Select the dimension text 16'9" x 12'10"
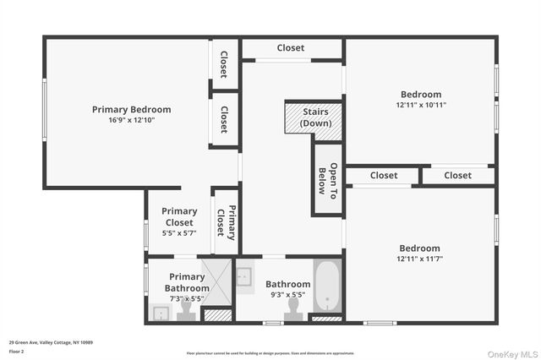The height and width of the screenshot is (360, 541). point(131,120)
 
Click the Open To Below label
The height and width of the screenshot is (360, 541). point(327,179)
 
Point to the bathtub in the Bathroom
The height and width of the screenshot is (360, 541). point(327,287)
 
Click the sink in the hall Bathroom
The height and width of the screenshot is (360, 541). point(243,276)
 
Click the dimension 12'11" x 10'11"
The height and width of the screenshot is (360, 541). point(420,106)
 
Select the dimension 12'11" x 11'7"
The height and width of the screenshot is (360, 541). point(420,259)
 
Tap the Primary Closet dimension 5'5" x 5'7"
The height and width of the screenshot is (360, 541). point(178,234)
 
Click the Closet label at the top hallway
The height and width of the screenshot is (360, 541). point(290,48)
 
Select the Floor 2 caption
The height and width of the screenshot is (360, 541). point(17,350)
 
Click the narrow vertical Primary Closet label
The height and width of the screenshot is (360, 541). point(226,221)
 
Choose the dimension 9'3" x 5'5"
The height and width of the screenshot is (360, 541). point(288,295)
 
